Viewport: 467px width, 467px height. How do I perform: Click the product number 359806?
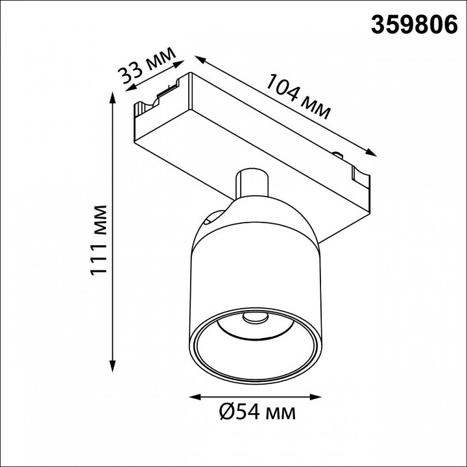[x=414, y=25]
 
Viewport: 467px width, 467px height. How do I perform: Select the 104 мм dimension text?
[x=298, y=96]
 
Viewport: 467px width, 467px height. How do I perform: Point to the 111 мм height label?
[x=99, y=240]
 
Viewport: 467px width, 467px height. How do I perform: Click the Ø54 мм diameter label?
[x=257, y=413]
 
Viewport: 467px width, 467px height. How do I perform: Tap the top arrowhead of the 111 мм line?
[x=112, y=97]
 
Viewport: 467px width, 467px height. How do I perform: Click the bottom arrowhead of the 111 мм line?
[x=112, y=366]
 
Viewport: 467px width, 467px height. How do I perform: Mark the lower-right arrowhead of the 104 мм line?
[x=371, y=153]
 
